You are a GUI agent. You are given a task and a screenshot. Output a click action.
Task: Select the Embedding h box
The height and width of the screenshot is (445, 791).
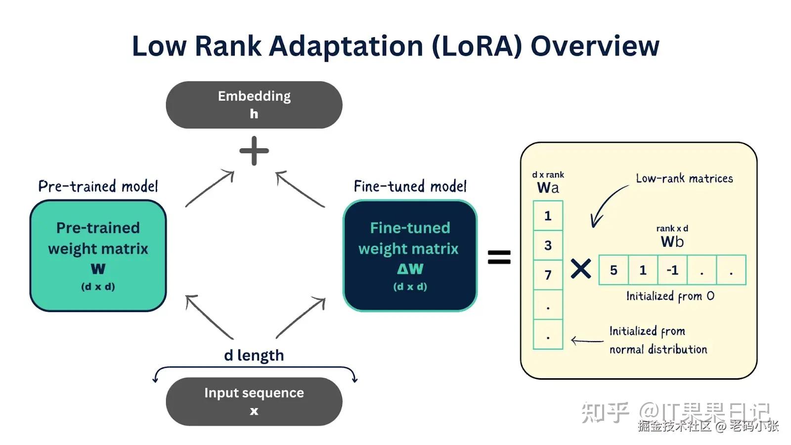coord(254,105)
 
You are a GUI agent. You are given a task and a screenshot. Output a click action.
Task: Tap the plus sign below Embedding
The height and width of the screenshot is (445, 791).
coord(254,151)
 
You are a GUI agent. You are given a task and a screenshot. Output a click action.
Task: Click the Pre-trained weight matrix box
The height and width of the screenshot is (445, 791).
coord(98,256)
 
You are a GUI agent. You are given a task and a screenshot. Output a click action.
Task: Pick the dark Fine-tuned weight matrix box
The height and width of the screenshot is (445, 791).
coord(410,256)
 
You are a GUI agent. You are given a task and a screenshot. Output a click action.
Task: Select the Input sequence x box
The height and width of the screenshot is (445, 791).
coord(254,401)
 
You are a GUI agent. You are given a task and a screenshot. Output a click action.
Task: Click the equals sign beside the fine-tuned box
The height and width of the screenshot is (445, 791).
coord(499,257)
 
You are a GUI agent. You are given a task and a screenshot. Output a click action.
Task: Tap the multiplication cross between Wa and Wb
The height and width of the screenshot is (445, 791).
coord(580,269)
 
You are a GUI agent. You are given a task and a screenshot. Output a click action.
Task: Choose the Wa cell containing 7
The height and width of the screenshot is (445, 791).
coord(548,275)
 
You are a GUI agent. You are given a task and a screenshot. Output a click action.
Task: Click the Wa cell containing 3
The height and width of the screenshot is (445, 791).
coord(548,245)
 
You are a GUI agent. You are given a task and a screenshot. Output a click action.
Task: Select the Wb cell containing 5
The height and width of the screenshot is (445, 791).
coord(614,270)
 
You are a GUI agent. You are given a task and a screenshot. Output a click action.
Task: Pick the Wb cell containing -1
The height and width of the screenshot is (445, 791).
coord(672,270)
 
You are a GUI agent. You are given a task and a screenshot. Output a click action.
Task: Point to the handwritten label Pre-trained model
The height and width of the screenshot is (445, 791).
coord(98,186)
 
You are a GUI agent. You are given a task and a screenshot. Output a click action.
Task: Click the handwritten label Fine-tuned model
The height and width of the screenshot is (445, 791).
coord(410,186)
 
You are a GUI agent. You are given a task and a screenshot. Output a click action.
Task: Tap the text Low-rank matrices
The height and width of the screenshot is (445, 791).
coord(684,178)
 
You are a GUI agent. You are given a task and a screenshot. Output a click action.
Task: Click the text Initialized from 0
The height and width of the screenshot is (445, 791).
coord(670,296)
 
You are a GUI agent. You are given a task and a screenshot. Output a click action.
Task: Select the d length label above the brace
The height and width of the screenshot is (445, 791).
coord(254,355)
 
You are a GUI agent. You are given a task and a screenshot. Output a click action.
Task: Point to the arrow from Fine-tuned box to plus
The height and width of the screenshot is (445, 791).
coord(300,189)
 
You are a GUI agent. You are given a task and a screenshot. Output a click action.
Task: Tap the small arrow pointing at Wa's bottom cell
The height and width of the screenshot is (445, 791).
coord(587,341)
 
